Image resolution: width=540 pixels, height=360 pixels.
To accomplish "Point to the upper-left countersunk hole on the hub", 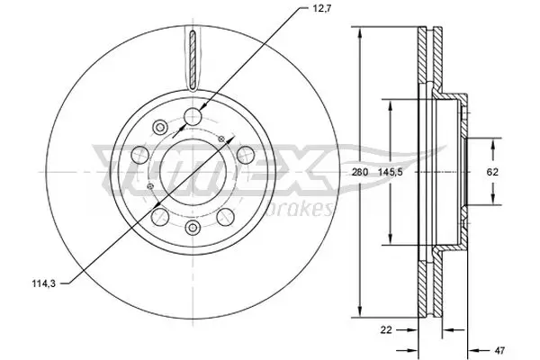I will [159, 125].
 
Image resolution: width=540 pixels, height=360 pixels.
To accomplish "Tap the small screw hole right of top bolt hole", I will [220, 138].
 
